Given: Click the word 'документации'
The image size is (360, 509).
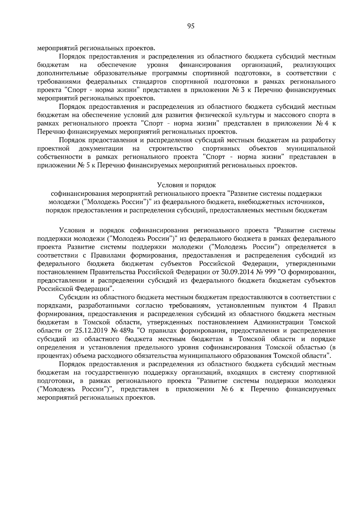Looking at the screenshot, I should [x=101, y=149].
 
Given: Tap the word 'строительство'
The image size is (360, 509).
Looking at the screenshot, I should [x=171, y=149].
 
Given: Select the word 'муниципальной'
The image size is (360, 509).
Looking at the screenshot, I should [x=311, y=149].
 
